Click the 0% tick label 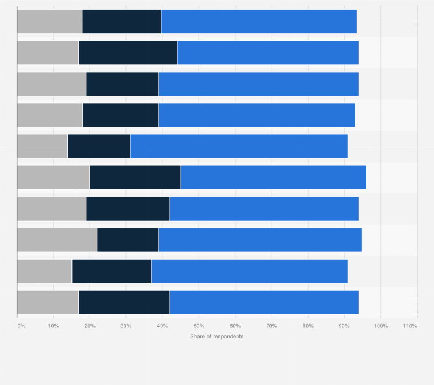[x=21, y=326]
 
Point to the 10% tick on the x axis [x=53, y=326]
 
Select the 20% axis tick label [x=90, y=326]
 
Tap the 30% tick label [x=126, y=326]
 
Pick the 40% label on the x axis [x=162, y=326]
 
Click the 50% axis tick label [x=199, y=326]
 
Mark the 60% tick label [x=235, y=326]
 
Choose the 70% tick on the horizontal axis [x=271, y=326]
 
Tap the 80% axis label [x=307, y=326]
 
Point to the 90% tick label [x=344, y=326]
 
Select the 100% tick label [x=380, y=326]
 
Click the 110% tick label [x=410, y=326]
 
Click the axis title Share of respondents [x=217, y=336]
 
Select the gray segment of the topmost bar [x=50, y=22]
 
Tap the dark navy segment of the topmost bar [x=121, y=22]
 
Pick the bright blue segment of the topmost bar [x=259, y=22]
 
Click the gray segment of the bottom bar [x=48, y=303]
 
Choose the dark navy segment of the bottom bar [x=124, y=303]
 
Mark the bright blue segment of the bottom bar [x=264, y=303]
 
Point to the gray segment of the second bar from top [x=48, y=53]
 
